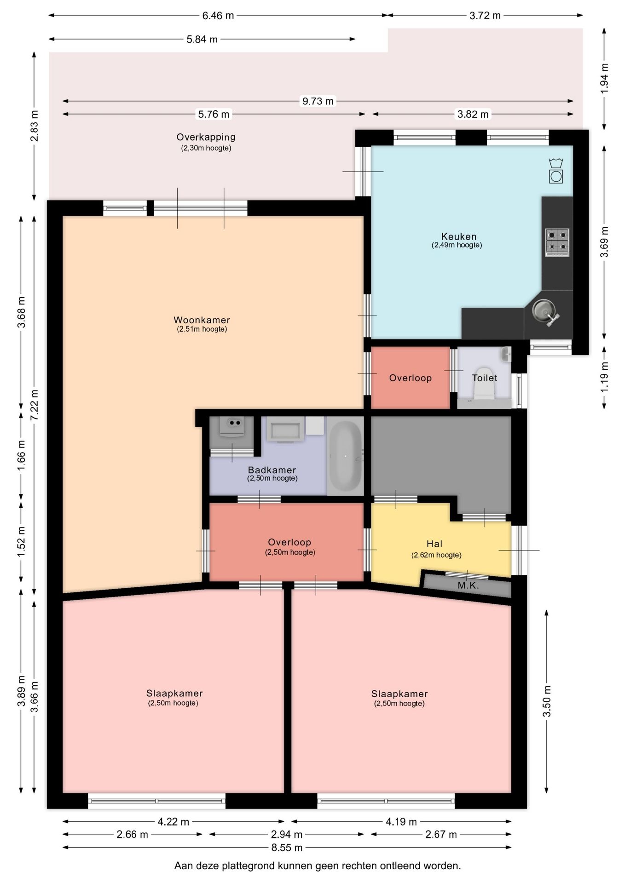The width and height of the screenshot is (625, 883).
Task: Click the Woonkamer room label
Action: click(x=202, y=320)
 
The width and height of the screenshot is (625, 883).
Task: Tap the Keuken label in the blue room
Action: click(x=459, y=236)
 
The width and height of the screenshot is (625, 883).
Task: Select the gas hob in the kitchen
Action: click(x=557, y=242)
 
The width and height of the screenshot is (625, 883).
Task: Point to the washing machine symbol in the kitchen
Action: click(x=556, y=171)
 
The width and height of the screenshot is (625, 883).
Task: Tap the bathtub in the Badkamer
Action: click(x=345, y=455)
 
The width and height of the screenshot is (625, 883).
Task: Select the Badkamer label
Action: click(x=272, y=470)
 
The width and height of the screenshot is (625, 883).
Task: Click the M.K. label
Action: click(x=469, y=585)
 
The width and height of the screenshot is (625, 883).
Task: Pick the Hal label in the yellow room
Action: click(x=434, y=544)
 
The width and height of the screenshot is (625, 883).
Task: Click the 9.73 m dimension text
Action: click(x=318, y=101)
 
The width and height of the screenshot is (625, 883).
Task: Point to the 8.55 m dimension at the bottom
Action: click(x=287, y=847)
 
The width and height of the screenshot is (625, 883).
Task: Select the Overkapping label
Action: click(x=206, y=137)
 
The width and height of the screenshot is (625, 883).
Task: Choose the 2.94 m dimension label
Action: click(x=287, y=834)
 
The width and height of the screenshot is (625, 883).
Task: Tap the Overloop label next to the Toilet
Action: click(x=411, y=378)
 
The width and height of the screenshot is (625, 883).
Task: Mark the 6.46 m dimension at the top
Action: click(x=218, y=16)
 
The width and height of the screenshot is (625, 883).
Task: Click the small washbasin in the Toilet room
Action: click(x=506, y=354)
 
